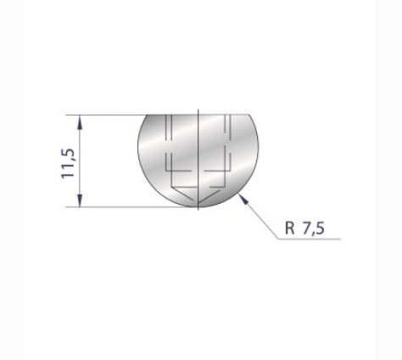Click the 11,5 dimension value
tap(69, 161)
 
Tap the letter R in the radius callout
tap(290, 228)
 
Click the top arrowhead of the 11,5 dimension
tap(81, 120)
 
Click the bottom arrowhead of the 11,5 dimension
tap(81, 202)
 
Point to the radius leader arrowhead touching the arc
tap(243, 198)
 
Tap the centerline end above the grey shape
tap(197, 109)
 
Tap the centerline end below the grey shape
tap(197, 211)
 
